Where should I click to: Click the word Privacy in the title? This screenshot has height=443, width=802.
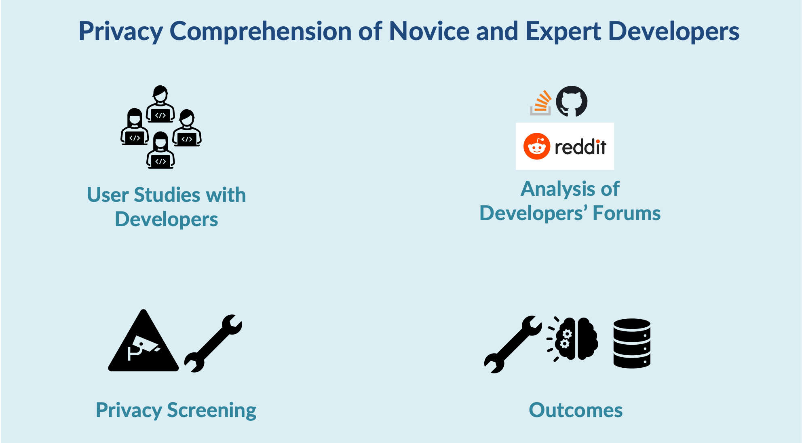120,32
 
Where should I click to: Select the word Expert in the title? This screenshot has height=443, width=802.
563,32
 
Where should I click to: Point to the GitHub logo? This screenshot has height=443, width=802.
572,101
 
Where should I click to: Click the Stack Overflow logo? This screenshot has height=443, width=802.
541,103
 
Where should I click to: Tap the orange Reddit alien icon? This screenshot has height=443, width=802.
537,146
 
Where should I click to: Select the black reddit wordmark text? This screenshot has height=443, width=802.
580,147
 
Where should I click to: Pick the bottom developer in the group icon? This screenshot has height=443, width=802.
160,150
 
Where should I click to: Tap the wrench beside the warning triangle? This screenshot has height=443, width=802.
213,343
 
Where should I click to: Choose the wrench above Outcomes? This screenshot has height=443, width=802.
513,344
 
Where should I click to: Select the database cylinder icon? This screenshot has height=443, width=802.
632,343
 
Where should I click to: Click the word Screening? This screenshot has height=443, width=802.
212,411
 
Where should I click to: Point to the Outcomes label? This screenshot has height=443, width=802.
576,410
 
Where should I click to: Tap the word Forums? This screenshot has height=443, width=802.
627,213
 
